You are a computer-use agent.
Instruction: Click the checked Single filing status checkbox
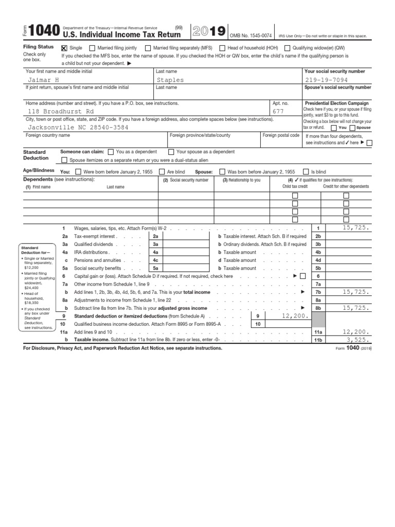click(64, 48)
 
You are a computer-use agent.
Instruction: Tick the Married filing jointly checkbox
click(93, 48)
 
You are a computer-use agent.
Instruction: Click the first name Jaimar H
click(44, 80)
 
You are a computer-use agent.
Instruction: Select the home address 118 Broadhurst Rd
click(61, 111)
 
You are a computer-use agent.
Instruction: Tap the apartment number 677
click(278, 111)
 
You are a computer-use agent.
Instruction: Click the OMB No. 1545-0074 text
click(250, 35)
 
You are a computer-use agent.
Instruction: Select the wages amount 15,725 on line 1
click(352, 227)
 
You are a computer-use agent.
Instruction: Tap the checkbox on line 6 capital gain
click(302, 276)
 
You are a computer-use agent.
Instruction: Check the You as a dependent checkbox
click(111, 152)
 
